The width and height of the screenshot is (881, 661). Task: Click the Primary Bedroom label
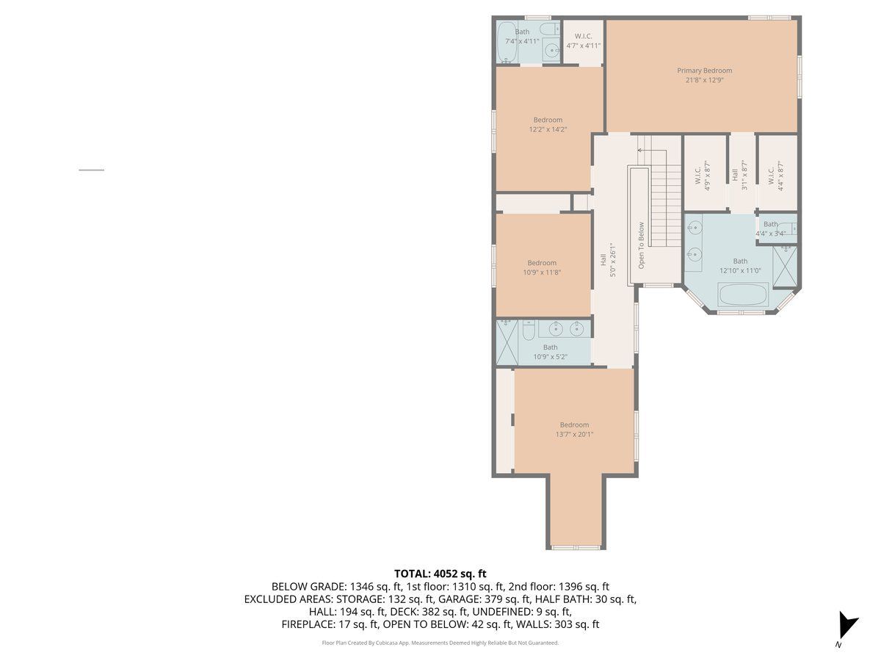(704, 71)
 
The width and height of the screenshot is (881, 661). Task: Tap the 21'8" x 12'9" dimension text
(704, 80)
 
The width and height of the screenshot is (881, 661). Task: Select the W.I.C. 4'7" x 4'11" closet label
(583, 41)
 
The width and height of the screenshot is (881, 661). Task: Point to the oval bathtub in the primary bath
(743, 295)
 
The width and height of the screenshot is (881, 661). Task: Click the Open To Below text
(641, 245)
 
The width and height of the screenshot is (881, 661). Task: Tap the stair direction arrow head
(639, 151)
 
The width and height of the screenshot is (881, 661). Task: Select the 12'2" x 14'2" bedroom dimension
(548, 130)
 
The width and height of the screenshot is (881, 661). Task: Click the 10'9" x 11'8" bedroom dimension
(541, 272)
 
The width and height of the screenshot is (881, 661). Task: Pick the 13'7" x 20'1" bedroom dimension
(574, 434)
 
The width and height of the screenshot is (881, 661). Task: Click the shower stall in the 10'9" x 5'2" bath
(507, 343)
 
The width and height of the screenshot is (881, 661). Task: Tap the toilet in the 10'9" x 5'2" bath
(529, 330)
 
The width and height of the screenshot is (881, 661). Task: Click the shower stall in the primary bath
(785, 267)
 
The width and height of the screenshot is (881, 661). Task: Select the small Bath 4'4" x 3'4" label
(770, 228)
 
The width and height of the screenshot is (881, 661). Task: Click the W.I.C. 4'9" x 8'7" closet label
(703, 176)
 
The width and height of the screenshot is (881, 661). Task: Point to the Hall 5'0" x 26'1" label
(608, 260)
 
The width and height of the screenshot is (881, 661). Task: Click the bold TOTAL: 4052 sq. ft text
(440, 574)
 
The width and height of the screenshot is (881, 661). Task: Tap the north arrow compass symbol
(847, 625)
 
